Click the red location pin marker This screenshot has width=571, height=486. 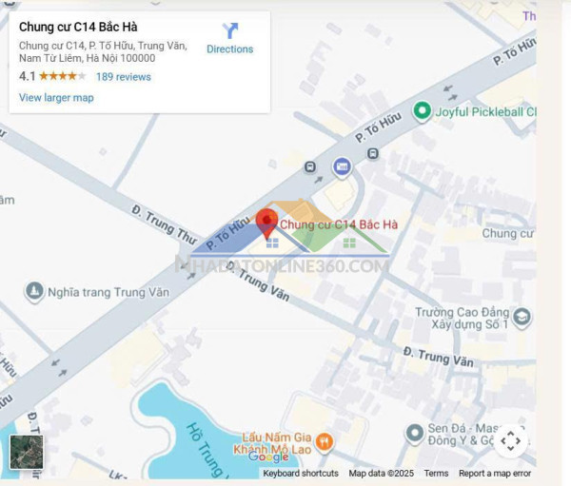pos(267,223)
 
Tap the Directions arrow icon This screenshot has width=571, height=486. pos(230,31)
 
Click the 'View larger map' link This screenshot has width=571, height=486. pos(56,97)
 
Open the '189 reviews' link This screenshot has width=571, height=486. pos(124,76)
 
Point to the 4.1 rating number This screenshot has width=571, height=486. pos(27,76)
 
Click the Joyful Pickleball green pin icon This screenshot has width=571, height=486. pos(422,112)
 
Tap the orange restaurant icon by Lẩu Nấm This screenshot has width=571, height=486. pos(325,440)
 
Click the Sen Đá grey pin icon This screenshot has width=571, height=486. pos(414,434)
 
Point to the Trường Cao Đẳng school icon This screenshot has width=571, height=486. pos(521,316)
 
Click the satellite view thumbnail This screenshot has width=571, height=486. pos(27,453)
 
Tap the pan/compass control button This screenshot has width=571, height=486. pos(510,440)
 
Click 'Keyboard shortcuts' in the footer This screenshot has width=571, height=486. pos(301,474)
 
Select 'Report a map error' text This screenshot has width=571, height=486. pos(495,474)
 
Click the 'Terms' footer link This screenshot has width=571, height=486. pos(436,474)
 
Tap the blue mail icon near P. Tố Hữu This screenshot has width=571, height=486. pos(342,167)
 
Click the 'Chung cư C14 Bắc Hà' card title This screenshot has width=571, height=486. pos(78,27)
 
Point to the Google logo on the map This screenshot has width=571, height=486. pos(267,457)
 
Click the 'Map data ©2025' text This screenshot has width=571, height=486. pos(382,474)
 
